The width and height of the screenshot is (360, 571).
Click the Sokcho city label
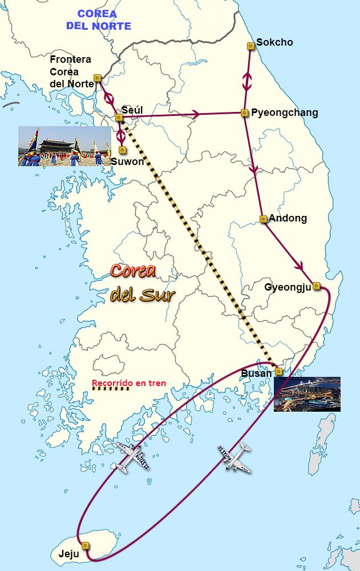274,42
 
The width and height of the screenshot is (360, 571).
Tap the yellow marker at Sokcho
250,46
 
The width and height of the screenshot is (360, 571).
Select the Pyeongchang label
284,112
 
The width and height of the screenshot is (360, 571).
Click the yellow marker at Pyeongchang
244,112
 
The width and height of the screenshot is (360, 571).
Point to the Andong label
288,218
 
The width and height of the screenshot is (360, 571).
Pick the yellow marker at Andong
263,219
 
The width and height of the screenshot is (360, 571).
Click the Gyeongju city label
288,287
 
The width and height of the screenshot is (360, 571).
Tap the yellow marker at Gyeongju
316,286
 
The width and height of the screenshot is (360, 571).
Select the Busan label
256,373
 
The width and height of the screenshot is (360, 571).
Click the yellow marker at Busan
278,371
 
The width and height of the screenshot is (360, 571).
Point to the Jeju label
68,553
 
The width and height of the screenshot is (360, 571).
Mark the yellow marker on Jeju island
84,545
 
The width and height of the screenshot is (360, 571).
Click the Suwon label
127,162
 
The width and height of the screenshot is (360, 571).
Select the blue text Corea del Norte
99,19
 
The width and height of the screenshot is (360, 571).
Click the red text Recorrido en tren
130,383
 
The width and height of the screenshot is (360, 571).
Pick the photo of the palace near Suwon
64,146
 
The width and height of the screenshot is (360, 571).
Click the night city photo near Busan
307,394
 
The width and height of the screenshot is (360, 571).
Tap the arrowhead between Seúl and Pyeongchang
196,115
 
